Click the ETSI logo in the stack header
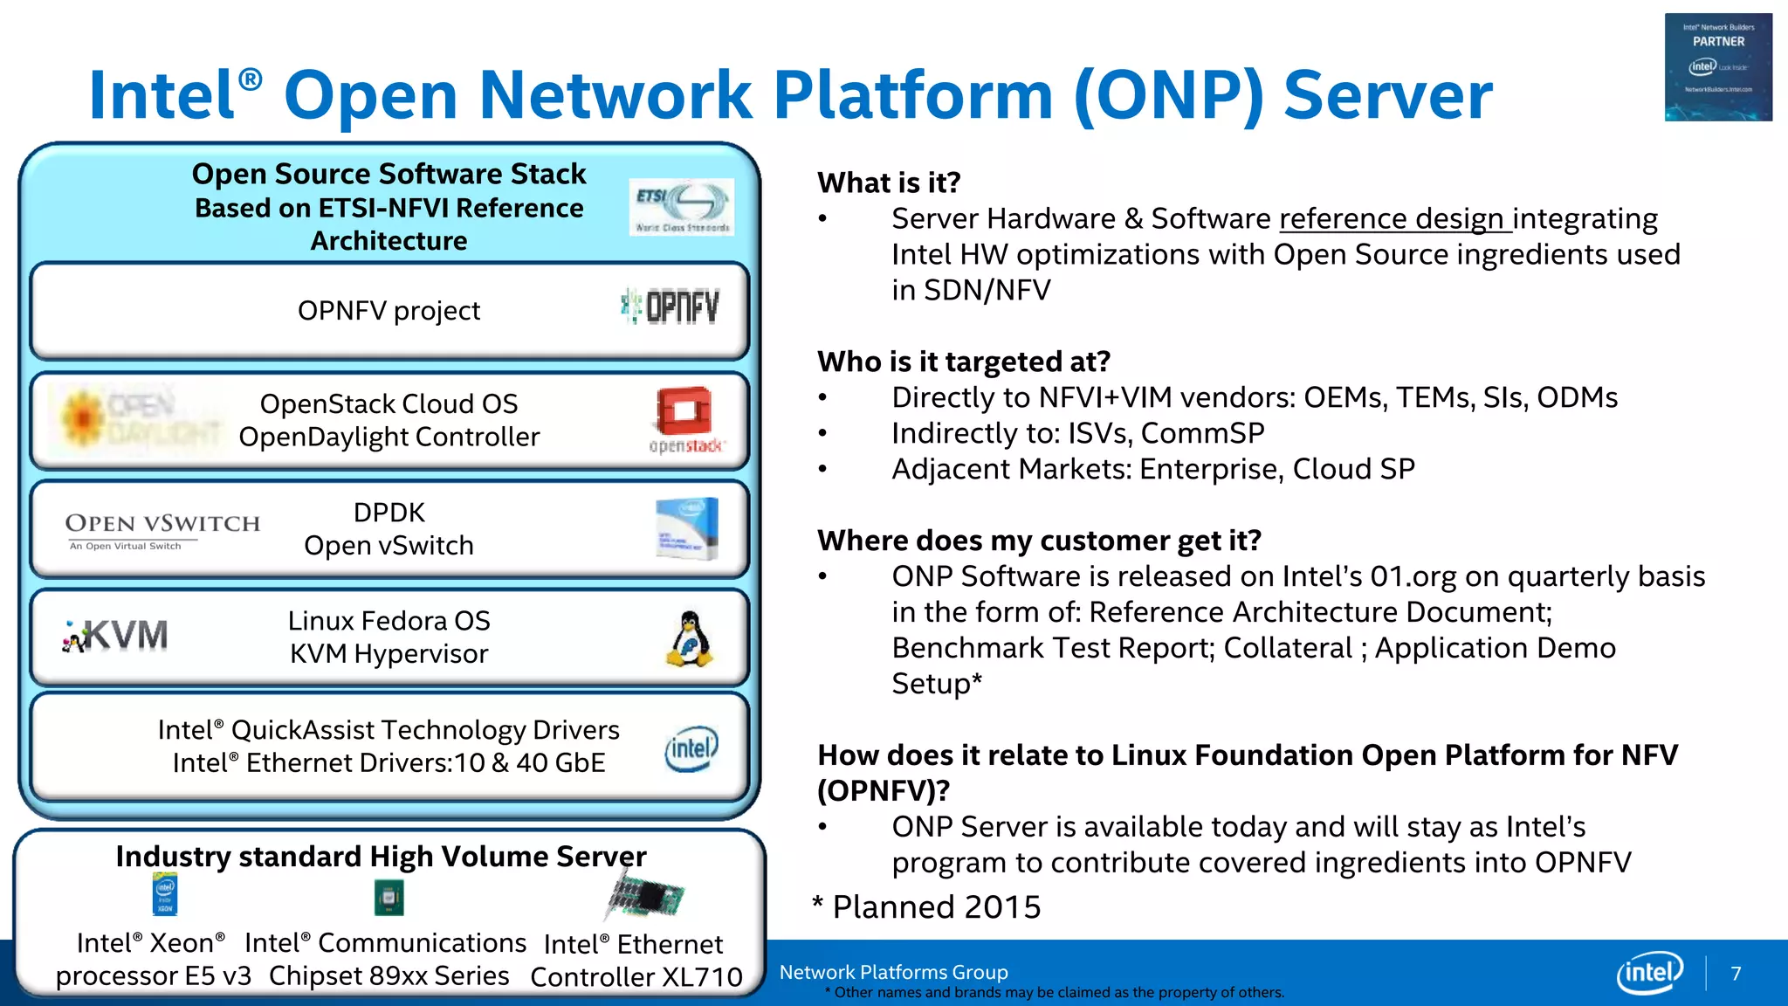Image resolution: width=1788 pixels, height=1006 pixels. (x=681, y=207)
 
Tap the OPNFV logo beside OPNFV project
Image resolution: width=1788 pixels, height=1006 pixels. (x=670, y=307)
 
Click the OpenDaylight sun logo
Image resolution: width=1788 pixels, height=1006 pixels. (x=82, y=418)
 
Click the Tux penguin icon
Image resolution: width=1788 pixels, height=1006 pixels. (x=691, y=639)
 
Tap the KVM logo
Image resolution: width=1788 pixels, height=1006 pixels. (x=116, y=636)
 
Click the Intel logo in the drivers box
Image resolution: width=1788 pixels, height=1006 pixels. (x=691, y=748)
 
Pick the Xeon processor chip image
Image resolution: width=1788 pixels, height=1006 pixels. (x=165, y=894)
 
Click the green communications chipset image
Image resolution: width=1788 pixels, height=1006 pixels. (x=389, y=897)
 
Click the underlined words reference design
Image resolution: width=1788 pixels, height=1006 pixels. (x=1394, y=218)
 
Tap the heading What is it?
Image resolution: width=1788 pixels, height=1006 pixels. (x=889, y=183)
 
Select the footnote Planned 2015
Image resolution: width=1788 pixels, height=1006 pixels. (x=927, y=906)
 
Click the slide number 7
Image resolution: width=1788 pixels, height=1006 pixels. (x=1736, y=973)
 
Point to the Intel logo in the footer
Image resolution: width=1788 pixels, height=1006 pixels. (x=1649, y=972)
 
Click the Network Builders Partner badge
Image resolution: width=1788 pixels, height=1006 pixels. (x=1718, y=67)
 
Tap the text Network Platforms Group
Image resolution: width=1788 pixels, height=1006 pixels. (x=893, y=972)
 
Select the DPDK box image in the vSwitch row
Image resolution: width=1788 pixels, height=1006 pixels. (x=687, y=528)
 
